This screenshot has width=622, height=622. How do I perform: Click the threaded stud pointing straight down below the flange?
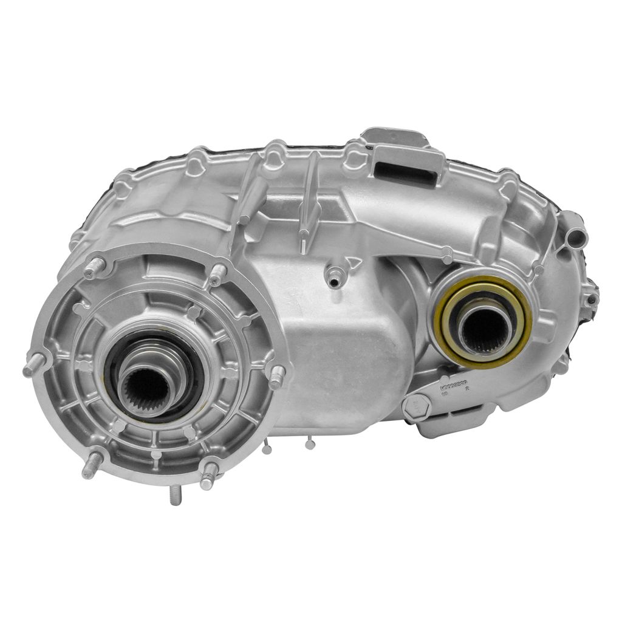pos(175,494)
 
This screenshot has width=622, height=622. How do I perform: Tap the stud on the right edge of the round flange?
pos(276,377)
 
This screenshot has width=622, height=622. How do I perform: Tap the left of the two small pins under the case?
pos(267,448)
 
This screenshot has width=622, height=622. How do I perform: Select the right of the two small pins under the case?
pos(310,444)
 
